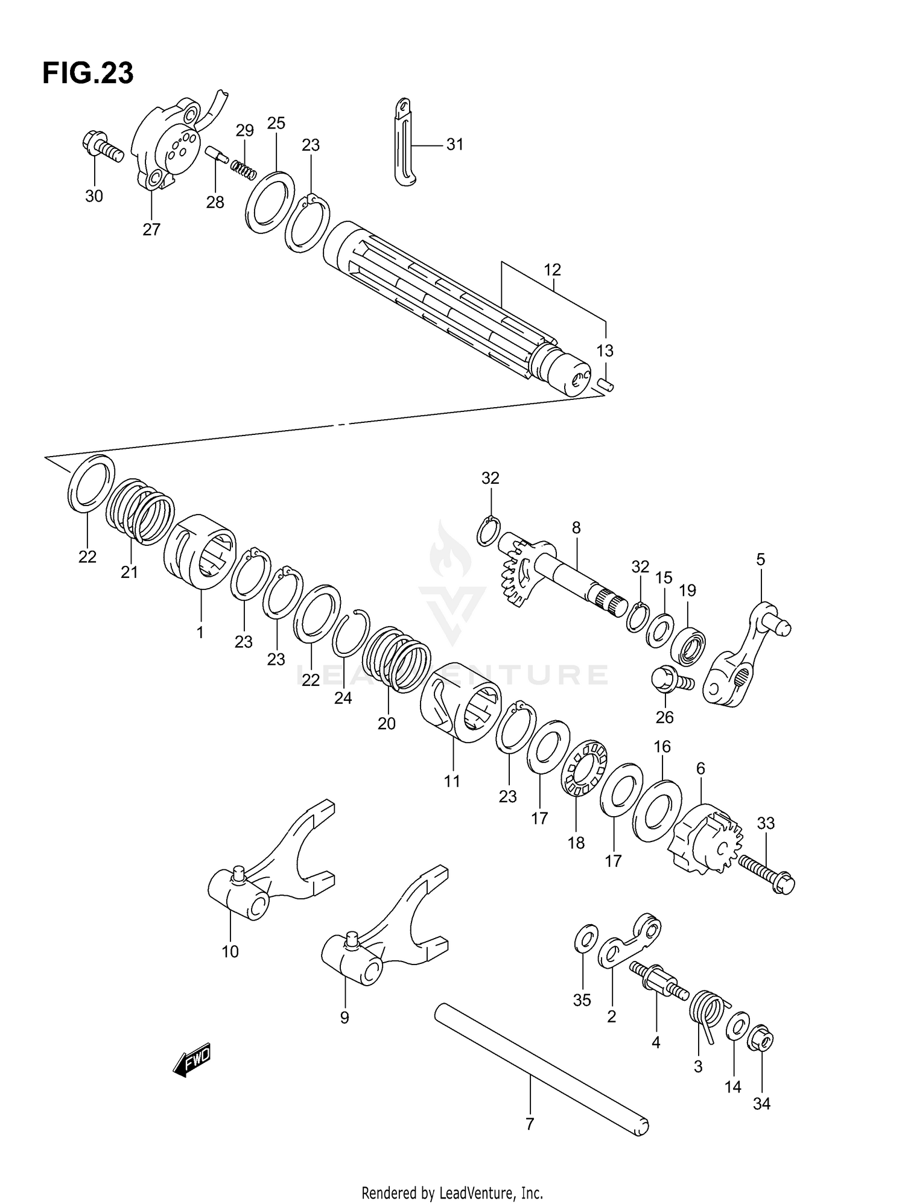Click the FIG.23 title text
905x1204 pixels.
tap(88, 74)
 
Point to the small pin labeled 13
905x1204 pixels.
tap(606, 384)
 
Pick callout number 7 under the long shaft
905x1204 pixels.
tap(530, 1124)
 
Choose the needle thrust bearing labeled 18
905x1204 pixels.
tap(584, 768)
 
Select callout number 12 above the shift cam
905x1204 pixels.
tap(552, 270)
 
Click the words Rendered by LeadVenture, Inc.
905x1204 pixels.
tap(452, 1193)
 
